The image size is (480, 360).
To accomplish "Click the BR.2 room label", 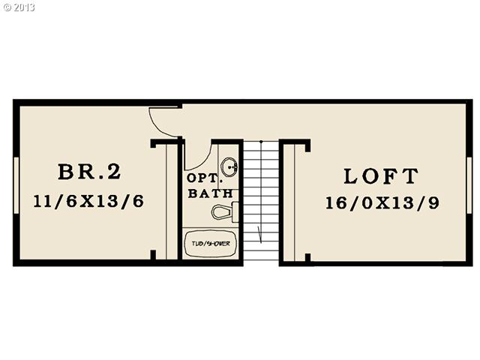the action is click(88, 172).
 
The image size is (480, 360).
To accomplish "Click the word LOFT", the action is click(380, 177).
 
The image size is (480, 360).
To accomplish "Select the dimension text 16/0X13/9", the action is click(380, 202).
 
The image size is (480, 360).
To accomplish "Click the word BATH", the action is click(205, 193).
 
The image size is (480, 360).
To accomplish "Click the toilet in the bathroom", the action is click(224, 211).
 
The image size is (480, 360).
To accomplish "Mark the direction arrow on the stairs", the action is click(260, 231).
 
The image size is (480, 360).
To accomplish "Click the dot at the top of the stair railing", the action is click(260, 140).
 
